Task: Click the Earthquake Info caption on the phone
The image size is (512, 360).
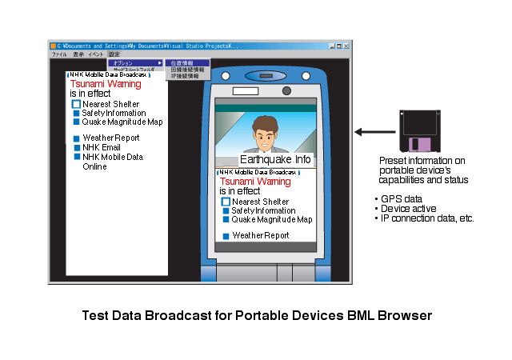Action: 274,159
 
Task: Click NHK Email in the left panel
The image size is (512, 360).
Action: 101,147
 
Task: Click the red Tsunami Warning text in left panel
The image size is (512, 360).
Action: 105,83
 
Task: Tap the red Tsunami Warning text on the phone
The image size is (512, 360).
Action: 255,182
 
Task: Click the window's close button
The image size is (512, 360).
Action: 346,46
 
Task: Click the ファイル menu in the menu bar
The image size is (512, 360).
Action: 59,54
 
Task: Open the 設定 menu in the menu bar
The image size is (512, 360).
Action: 114,54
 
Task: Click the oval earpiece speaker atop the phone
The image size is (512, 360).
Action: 266,76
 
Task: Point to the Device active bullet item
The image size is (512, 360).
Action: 406,208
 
